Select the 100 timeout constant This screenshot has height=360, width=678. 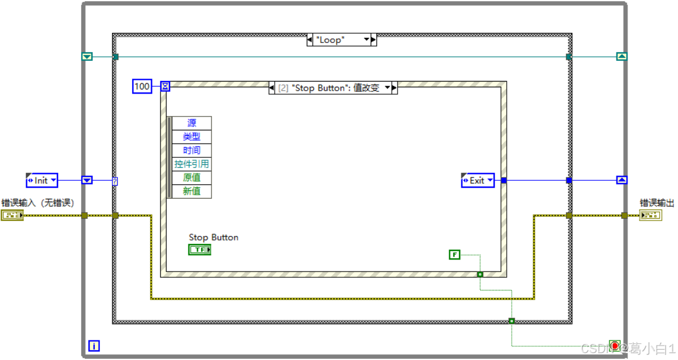coord(141,87)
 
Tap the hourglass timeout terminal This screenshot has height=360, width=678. coord(165,87)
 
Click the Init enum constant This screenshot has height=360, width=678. coord(42,180)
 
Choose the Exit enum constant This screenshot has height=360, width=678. coord(477,180)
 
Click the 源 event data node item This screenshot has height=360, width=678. coord(192,123)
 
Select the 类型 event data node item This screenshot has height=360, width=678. coord(192,137)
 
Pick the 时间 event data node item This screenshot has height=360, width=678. coord(192,150)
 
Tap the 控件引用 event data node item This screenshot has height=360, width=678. coord(192,164)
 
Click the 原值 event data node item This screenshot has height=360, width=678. coord(192,178)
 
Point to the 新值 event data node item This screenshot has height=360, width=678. coord(192,191)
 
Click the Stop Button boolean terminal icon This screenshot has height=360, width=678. coord(200,250)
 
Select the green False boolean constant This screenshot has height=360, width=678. coord(454,254)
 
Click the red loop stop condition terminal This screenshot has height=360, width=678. coord(614,346)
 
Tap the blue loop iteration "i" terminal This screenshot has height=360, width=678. coord(94,346)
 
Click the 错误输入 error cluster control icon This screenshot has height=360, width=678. coord(12,215)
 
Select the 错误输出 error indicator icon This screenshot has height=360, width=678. coord(650,215)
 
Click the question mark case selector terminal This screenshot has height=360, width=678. coord(115,181)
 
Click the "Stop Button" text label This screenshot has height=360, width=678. coord(213,237)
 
